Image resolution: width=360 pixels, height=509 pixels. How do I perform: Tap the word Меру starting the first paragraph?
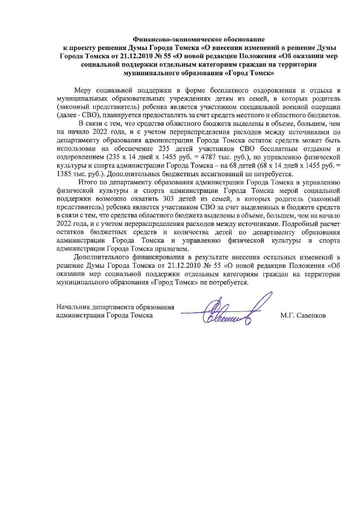pyautogui.click(x=82, y=90)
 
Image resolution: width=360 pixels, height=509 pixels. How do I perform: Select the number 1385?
pyautogui.click(x=65, y=174)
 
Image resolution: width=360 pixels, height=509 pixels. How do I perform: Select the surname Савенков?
pyautogui.click(x=311, y=316)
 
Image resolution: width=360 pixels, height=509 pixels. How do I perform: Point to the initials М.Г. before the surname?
pyautogui.click(x=287, y=316)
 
